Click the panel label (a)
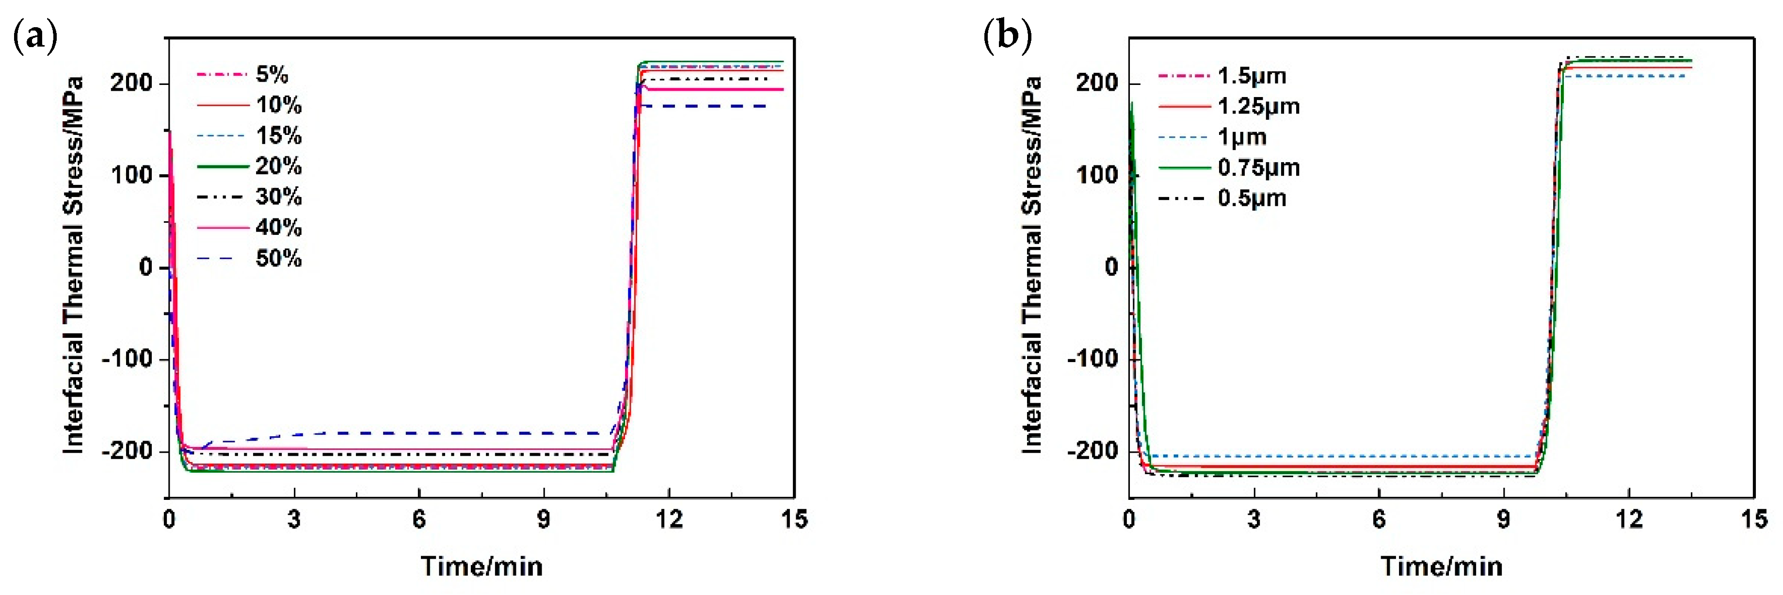(x=34, y=36)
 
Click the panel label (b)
(x=1007, y=36)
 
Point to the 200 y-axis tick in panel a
(x=131, y=83)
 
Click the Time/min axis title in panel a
(x=482, y=566)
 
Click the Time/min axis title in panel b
(x=1442, y=566)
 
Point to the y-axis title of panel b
(x=1031, y=265)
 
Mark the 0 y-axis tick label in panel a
(x=146, y=266)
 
